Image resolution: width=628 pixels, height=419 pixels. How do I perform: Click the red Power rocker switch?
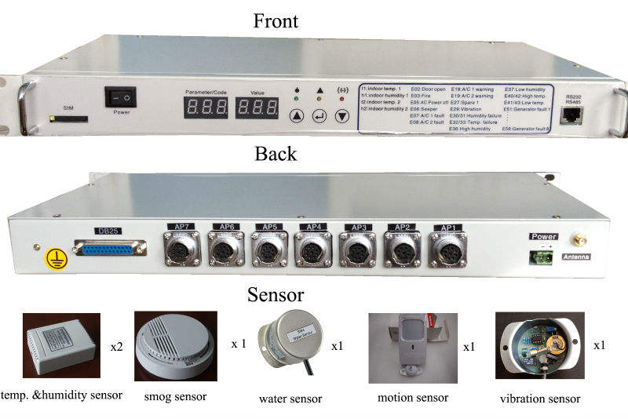tap(122, 97)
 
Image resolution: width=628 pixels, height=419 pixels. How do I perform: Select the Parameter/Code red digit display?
tap(205, 107)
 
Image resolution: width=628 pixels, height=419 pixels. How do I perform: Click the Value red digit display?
tap(257, 107)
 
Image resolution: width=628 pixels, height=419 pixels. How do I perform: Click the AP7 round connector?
tap(183, 250)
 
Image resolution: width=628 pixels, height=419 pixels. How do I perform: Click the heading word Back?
tap(276, 154)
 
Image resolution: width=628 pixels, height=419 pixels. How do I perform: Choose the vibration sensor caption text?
tap(540, 398)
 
